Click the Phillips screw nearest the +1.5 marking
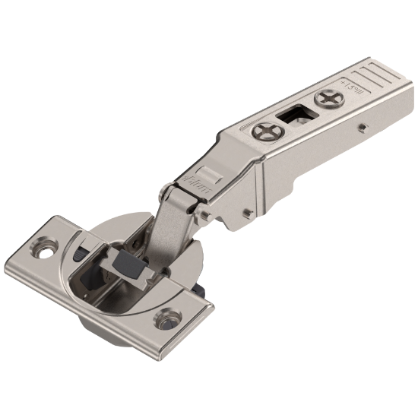click(x=329, y=98)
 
